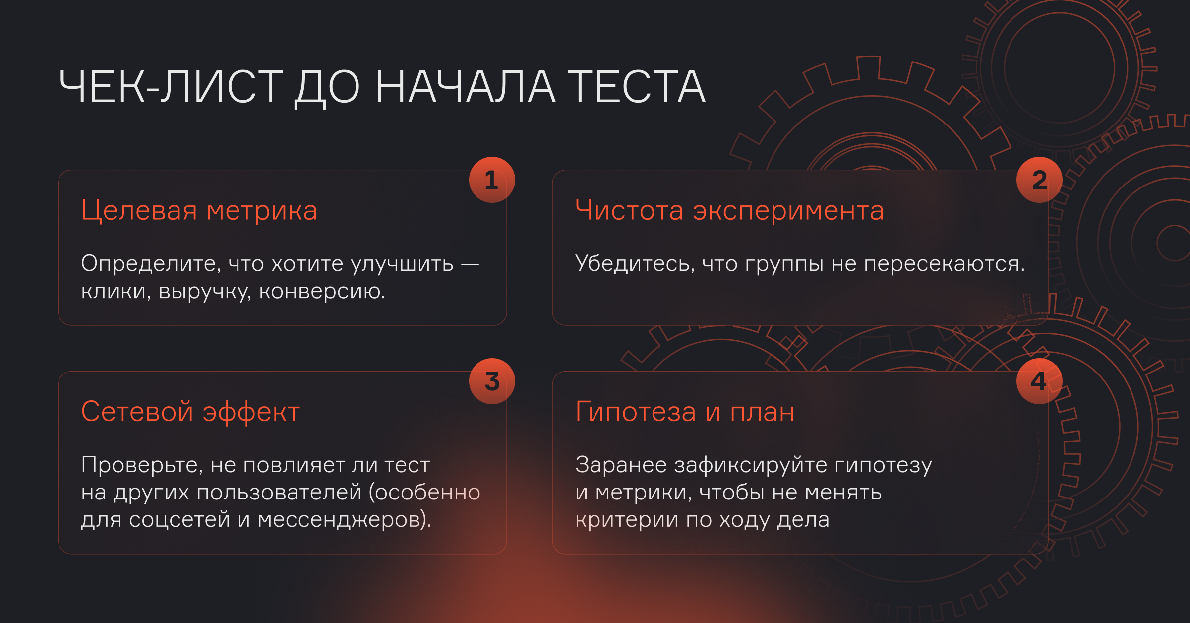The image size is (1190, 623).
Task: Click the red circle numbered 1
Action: [x=492, y=180]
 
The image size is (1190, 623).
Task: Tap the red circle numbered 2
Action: [x=1039, y=180]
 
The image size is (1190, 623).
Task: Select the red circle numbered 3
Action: [x=492, y=381]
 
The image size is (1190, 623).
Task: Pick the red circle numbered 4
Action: [x=1039, y=381]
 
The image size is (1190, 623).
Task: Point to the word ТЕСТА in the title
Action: [x=636, y=87]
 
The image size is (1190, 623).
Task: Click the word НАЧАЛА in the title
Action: [x=466, y=87]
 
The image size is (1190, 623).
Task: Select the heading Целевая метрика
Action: [x=199, y=210]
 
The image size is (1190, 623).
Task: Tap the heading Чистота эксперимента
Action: [x=729, y=211]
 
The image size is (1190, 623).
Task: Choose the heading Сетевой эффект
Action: [x=191, y=412]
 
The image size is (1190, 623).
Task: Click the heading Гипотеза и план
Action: [x=685, y=412]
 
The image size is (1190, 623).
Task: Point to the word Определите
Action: [x=151, y=264]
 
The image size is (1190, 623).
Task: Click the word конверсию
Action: [x=322, y=292]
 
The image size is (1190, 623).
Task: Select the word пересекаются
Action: [x=945, y=264]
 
